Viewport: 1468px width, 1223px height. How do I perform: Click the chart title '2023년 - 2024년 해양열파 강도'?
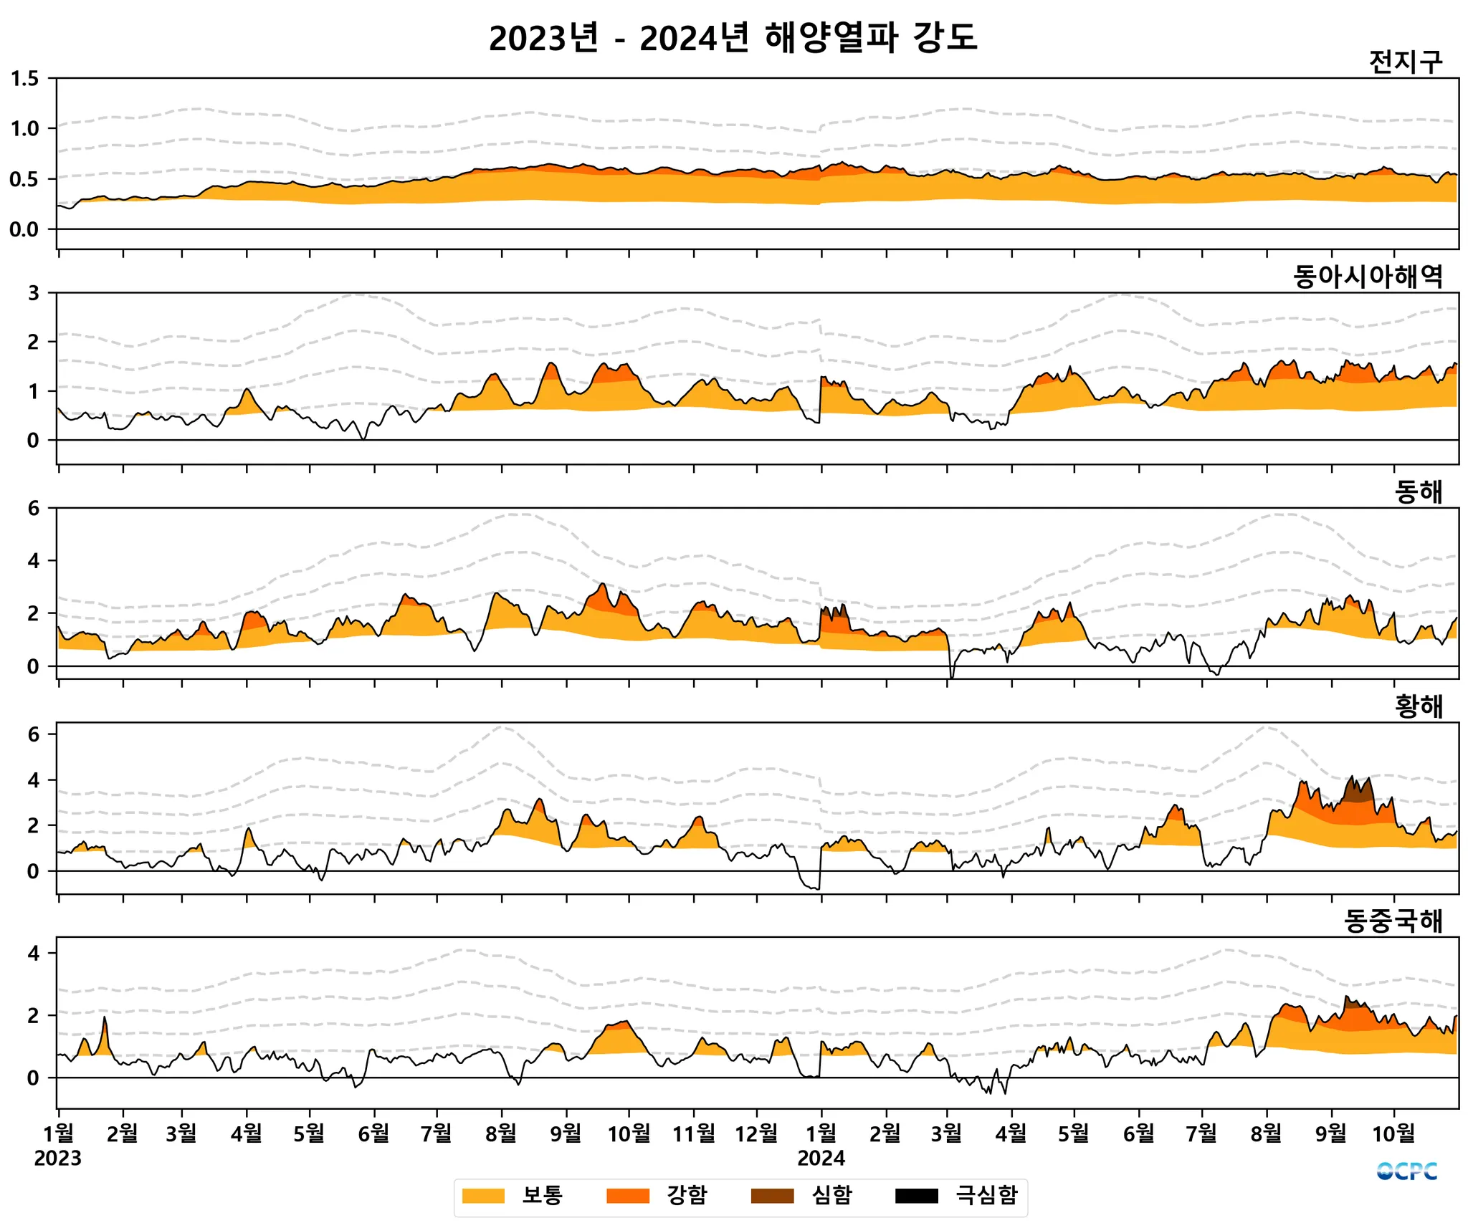pos(733,37)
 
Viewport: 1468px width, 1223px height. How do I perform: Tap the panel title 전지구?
pos(1405,62)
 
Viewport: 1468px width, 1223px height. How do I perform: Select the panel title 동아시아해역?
pos(1368,277)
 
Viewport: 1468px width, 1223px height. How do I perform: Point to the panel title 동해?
pos(1418,491)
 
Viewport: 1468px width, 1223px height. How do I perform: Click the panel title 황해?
pos(1418,706)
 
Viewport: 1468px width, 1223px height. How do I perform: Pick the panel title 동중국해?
pos(1393,921)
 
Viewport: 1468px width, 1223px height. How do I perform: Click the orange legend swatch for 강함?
pos(627,1196)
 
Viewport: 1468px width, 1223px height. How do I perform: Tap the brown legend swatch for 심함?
pos(772,1196)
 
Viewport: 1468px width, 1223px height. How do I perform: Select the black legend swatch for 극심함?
pos(916,1196)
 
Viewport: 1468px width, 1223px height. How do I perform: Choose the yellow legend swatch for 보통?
pos(483,1196)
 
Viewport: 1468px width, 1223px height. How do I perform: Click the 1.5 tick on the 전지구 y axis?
pos(24,79)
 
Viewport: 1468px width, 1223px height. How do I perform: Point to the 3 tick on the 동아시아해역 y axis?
pos(33,293)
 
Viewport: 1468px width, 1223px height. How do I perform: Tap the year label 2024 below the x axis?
pos(821,1159)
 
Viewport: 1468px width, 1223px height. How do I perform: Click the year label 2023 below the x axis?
pos(57,1159)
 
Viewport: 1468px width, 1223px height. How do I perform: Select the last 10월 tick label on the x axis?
pos(1393,1133)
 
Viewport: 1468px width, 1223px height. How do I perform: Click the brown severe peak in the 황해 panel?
pos(1358,790)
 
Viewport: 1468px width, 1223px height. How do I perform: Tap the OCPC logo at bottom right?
pos(1406,1171)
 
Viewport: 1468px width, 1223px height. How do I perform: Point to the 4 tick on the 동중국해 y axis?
pos(33,954)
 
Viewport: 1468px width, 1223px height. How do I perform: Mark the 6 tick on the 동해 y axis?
pos(33,509)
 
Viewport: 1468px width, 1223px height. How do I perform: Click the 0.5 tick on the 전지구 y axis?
pos(24,179)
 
